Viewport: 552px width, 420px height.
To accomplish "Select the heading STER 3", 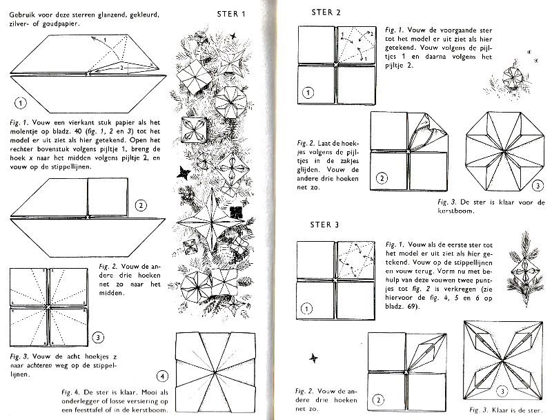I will (326, 225).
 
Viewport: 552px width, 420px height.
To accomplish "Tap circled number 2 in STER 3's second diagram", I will (379, 399).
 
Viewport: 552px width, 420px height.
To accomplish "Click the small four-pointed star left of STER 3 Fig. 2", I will (315, 357).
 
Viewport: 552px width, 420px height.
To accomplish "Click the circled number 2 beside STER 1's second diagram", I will (140, 205).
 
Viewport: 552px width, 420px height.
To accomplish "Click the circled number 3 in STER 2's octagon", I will (537, 186).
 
